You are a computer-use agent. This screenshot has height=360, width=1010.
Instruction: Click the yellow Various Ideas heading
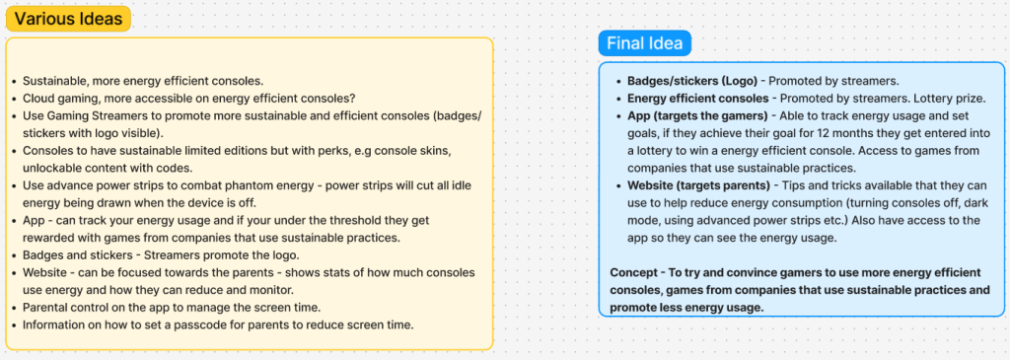68,19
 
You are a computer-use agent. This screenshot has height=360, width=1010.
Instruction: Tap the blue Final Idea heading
645,44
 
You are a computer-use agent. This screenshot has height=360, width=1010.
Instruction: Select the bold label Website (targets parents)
699,186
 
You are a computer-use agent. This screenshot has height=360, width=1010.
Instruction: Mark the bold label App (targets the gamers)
699,116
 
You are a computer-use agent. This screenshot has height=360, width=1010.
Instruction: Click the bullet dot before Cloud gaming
14,100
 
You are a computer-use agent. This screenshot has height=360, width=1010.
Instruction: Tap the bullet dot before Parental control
14,308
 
